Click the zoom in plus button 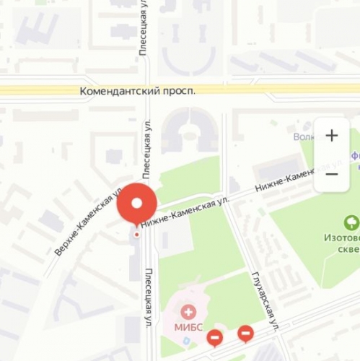(x=331, y=135)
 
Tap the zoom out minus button (x=331, y=174)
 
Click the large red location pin (x=136, y=201)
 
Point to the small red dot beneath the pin (x=136, y=234)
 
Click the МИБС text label (x=189, y=326)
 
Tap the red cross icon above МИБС (x=189, y=312)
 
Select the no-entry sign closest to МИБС (x=214, y=337)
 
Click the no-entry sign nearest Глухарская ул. (x=245, y=333)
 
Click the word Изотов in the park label (x=339, y=238)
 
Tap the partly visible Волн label (x=307, y=136)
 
